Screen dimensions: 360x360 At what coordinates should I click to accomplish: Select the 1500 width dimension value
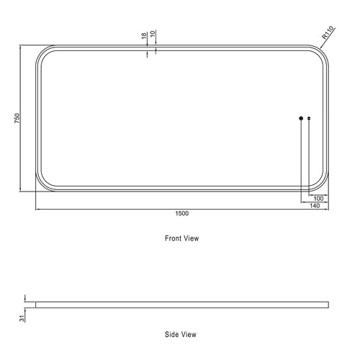click(181, 214)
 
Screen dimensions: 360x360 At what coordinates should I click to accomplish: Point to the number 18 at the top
click(144, 35)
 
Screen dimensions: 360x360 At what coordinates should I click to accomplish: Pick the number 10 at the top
click(153, 35)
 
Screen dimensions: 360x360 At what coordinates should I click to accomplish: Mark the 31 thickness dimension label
click(22, 317)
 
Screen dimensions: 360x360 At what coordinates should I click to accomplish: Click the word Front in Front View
click(173, 238)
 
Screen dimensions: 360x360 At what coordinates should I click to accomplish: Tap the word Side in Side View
click(172, 335)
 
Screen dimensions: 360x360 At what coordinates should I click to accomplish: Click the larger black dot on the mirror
click(301, 118)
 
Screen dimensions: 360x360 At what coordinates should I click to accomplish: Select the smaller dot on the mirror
click(309, 118)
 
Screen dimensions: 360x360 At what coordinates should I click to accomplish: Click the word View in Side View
click(189, 335)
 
